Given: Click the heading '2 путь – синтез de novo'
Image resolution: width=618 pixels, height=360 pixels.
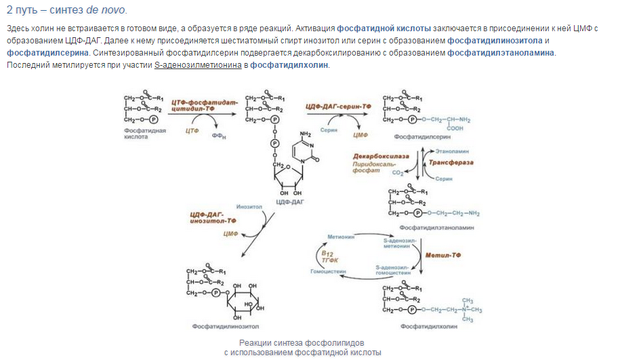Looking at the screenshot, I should (x=66, y=11).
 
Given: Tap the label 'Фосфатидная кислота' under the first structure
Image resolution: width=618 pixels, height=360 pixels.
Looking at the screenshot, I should (x=144, y=133).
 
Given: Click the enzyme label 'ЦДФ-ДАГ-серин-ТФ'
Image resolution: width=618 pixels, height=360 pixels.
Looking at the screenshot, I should (x=339, y=106).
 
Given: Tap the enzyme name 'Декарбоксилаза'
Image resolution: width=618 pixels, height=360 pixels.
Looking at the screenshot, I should (x=381, y=155).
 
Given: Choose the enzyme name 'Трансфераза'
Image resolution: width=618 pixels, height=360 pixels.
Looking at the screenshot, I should (x=452, y=163).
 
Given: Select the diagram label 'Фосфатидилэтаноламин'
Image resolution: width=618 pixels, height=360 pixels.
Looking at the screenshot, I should (x=436, y=228).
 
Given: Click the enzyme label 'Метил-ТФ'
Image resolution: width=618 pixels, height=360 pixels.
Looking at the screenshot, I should (x=444, y=258).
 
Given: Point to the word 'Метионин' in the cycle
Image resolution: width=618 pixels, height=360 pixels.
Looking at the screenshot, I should (x=342, y=237).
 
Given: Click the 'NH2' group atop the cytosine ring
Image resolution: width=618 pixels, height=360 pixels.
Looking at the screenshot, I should (x=304, y=134).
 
